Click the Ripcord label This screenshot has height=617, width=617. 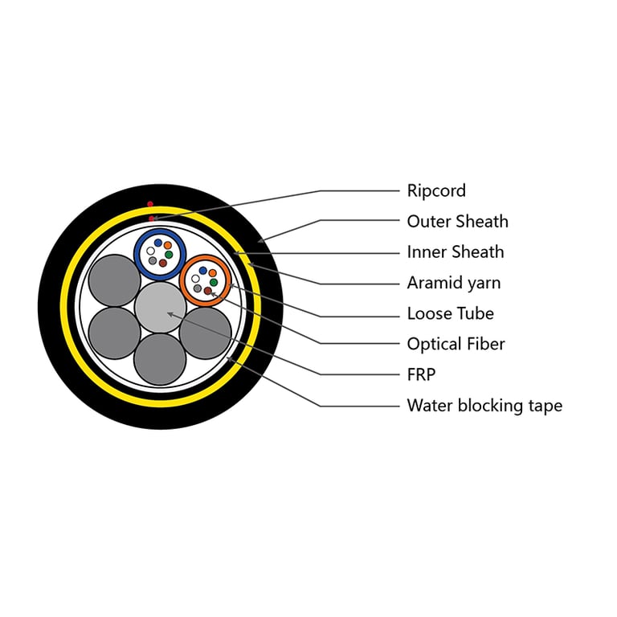click(436, 191)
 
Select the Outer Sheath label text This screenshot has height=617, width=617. click(458, 222)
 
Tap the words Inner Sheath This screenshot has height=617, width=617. click(456, 252)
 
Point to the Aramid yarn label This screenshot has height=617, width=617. click(454, 283)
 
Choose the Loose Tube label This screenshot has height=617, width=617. click(451, 313)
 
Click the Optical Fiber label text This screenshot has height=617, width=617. click(456, 345)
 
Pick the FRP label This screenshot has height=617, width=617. click(421, 374)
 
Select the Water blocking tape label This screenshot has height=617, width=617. click(484, 406)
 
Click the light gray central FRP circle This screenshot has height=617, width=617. click(160, 307)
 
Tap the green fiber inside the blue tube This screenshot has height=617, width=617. click(169, 255)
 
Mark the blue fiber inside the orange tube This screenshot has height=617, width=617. click(203, 271)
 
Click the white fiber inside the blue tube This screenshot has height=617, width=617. click(150, 251)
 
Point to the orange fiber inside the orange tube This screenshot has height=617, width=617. click(212, 273)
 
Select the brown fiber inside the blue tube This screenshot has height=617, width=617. click(162, 263)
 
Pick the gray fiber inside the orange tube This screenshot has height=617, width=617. click(198, 288)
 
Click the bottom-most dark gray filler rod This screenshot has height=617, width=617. click(160, 359)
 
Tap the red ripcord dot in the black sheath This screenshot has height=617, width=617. click(150, 204)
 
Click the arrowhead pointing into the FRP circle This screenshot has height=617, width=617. click(170, 314)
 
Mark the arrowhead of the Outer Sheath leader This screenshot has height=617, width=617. click(260, 240)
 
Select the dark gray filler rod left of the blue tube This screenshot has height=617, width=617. click(115, 280)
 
